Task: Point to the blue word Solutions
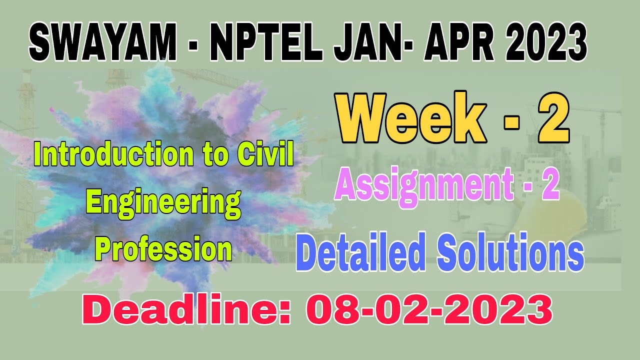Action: pos(510,253)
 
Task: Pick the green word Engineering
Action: pos(163,203)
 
